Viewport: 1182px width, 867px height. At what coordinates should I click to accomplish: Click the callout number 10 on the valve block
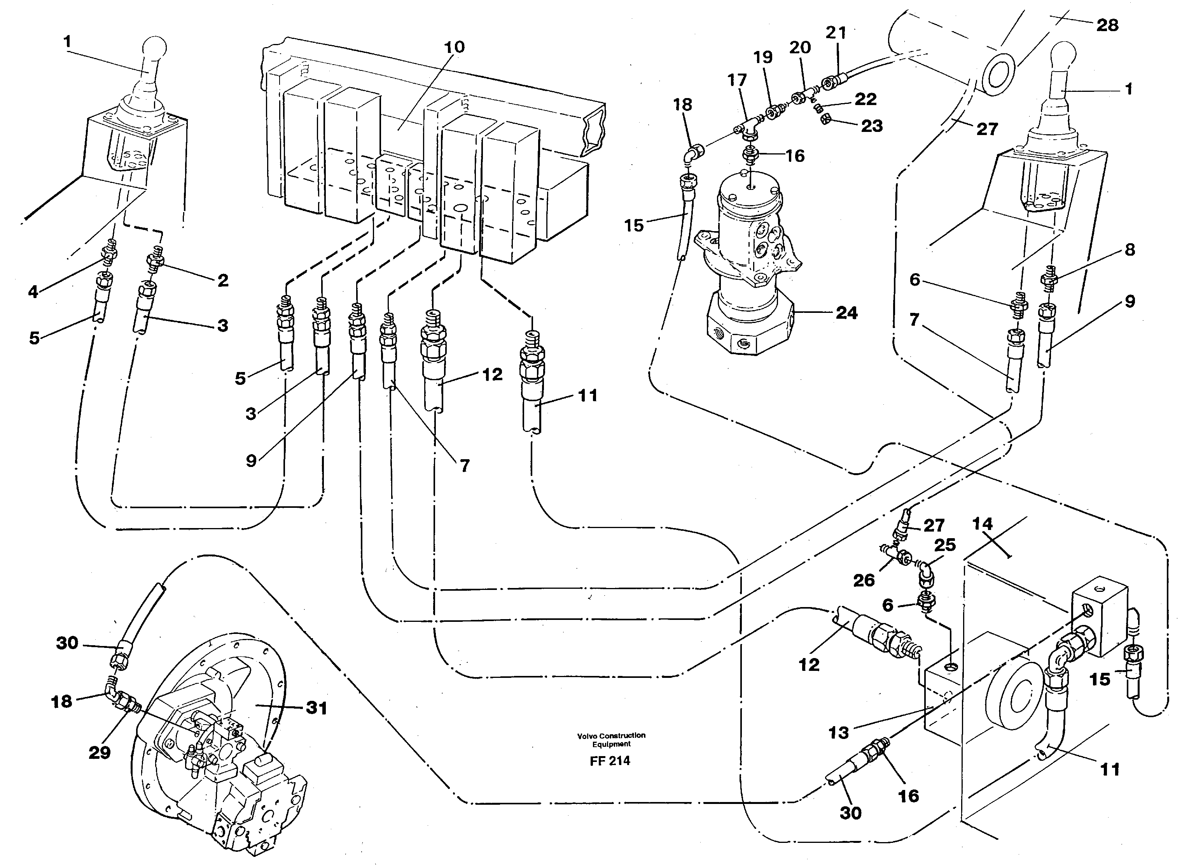coord(454,47)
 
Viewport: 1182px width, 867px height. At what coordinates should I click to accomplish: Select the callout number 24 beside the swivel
coord(846,313)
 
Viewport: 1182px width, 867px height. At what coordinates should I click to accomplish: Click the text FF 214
coord(610,761)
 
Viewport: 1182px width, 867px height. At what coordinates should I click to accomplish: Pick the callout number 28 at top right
coord(1107,25)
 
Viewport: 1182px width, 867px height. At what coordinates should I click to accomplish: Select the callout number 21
coord(836,33)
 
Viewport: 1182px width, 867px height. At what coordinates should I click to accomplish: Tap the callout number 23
coord(872,126)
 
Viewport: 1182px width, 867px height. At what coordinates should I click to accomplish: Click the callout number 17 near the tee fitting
coord(737,80)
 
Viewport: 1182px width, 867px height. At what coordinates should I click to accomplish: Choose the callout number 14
coord(982,524)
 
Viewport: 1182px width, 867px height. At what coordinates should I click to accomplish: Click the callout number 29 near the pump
coord(99,753)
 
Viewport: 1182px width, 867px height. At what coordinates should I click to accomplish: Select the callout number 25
coord(945,545)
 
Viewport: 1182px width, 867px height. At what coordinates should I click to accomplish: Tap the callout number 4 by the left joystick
coord(33,292)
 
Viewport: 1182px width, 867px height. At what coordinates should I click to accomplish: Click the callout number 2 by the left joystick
coord(223,281)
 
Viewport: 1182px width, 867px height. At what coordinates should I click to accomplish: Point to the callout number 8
coord(1130,250)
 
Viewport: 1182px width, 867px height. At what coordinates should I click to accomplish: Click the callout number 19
coord(763,57)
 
